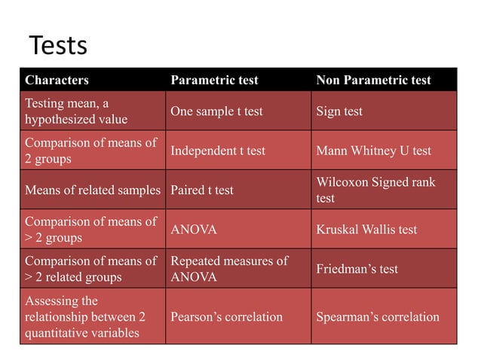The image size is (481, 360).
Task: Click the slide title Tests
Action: [57, 46]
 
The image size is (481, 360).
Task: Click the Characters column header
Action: [57, 80]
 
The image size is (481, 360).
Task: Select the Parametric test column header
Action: [214, 80]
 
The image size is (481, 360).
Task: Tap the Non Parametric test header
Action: [373, 80]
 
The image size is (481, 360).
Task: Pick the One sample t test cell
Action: [216, 111]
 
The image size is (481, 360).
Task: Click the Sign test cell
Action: [339, 111]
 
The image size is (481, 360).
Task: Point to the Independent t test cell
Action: [218, 151]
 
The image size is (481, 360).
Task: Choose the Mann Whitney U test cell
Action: [373, 151]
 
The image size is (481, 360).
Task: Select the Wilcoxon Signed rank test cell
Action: [375, 190]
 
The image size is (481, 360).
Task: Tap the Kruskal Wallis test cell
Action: [366, 229]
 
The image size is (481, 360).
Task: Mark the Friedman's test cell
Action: [357, 269]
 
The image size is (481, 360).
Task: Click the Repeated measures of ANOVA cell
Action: [229, 269]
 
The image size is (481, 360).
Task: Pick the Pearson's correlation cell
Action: [226, 316]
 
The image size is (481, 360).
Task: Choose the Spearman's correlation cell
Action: [378, 316]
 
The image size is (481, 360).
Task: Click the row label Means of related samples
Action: [93, 190]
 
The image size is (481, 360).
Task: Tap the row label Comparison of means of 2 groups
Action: [90, 151]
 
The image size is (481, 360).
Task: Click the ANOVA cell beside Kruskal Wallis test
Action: [192, 229]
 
